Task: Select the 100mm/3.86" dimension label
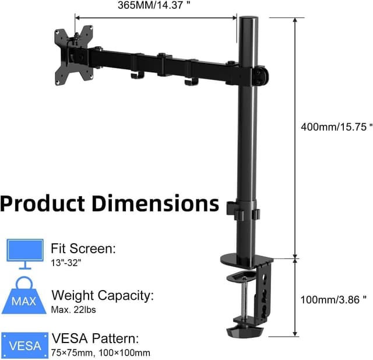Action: pos(333,299)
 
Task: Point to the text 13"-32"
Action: pos(66,263)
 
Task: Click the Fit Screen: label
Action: pos(83,248)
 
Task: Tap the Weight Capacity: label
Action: pos(103,295)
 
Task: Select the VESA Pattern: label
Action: pos(96,339)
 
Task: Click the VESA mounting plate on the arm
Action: pos(75,54)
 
